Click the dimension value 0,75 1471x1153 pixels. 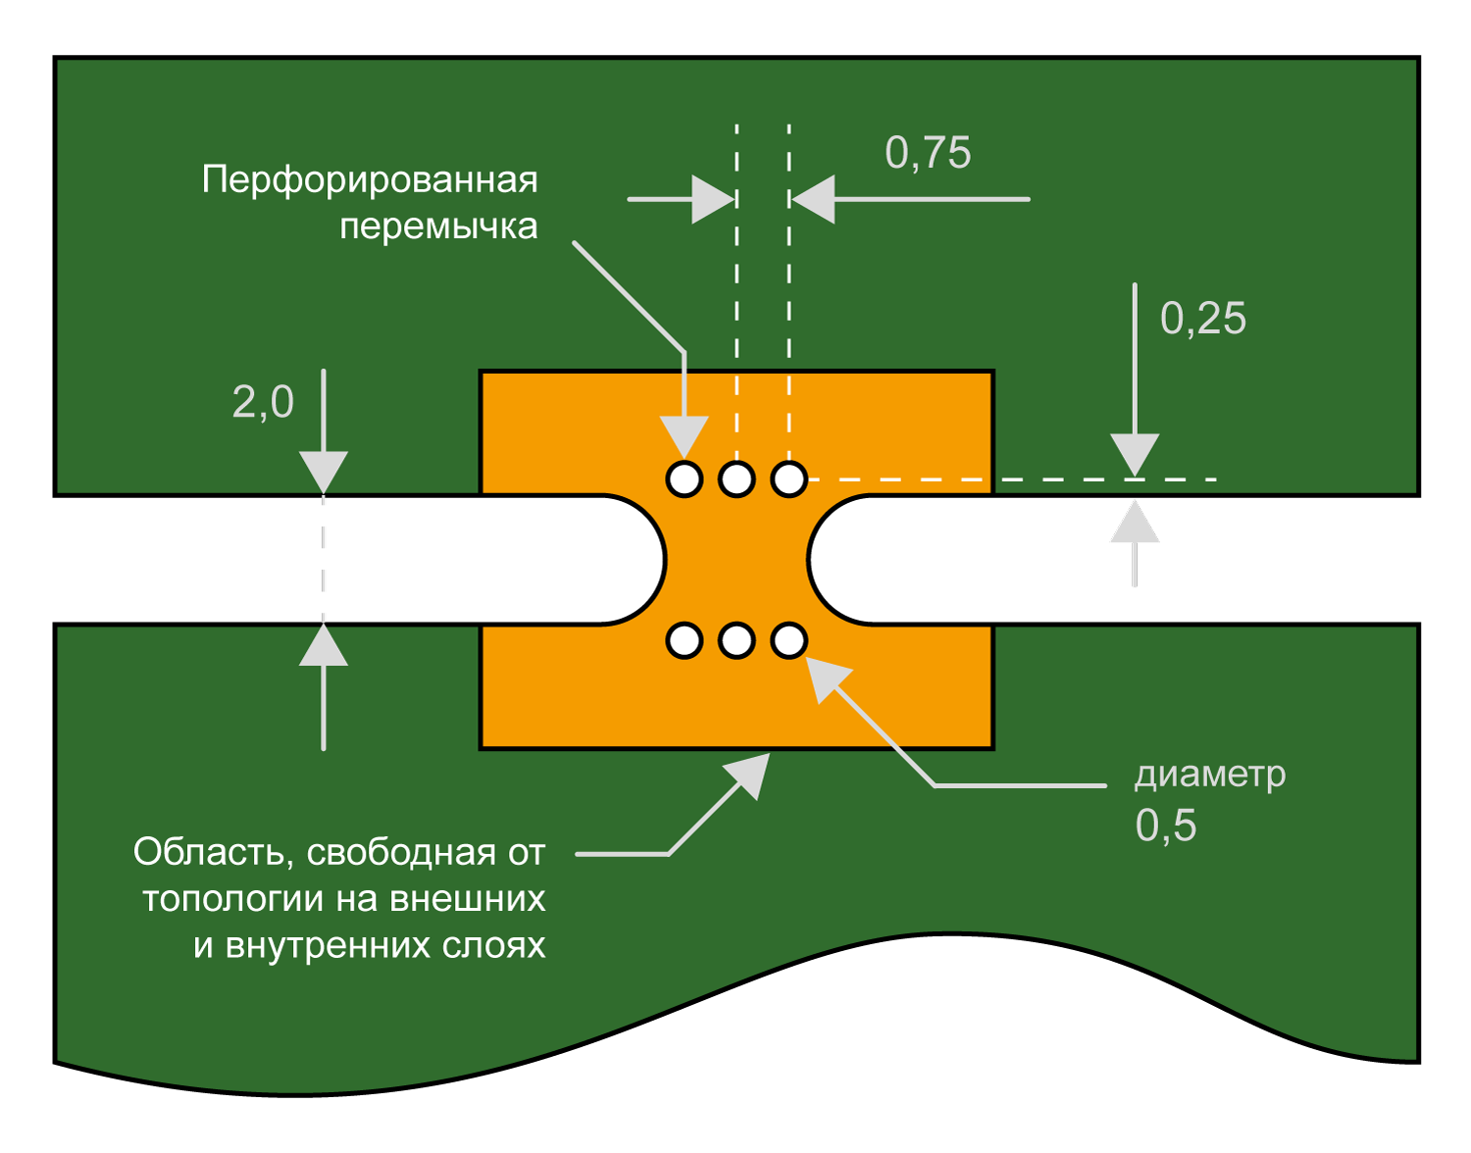[x=928, y=153]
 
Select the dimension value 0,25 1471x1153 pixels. [x=1202, y=319]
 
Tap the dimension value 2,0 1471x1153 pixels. [x=263, y=402]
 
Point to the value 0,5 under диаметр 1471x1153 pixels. [x=1165, y=826]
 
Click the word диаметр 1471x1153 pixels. [x=1209, y=775]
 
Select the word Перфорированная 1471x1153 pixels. [x=370, y=180]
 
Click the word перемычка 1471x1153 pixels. [x=438, y=226]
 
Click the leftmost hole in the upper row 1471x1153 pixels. [x=685, y=479]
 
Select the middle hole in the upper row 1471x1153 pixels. [x=736, y=479]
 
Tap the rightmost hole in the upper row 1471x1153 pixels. [x=788, y=479]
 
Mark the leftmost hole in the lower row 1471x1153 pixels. [x=685, y=640]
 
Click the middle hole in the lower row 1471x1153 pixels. [x=736, y=640]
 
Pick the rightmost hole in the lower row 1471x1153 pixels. [x=788, y=640]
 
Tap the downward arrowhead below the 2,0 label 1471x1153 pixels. [x=324, y=470]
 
